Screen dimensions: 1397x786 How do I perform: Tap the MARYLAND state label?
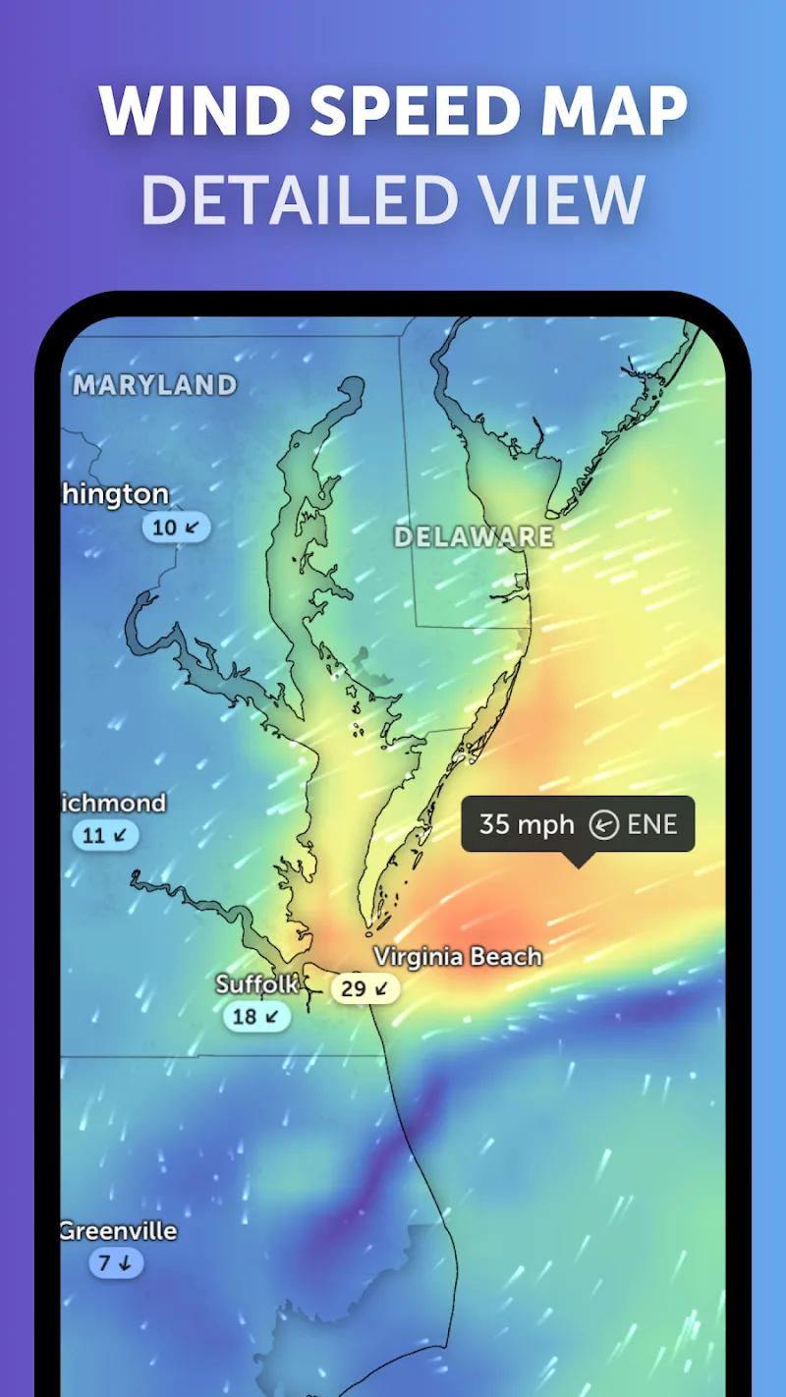click(155, 385)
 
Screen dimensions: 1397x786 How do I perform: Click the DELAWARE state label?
click(474, 536)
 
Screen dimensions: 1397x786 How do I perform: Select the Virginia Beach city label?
click(458, 956)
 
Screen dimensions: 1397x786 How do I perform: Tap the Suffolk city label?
click(256, 983)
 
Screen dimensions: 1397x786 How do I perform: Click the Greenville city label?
click(119, 1231)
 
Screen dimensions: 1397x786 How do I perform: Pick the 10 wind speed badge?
click(176, 528)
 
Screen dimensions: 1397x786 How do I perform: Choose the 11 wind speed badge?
click(105, 836)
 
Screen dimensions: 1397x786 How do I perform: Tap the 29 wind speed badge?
click(365, 988)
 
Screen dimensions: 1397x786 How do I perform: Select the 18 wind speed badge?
click(255, 1016)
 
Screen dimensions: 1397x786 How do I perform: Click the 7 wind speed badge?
click(116, 1263)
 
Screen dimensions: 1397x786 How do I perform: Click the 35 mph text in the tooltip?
click(526, 824)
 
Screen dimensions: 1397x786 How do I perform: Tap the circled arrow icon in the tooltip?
click(603, 825)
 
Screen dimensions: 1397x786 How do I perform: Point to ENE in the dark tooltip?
click(652, 824)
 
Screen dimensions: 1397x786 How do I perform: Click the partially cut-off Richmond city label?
click(113, 804)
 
